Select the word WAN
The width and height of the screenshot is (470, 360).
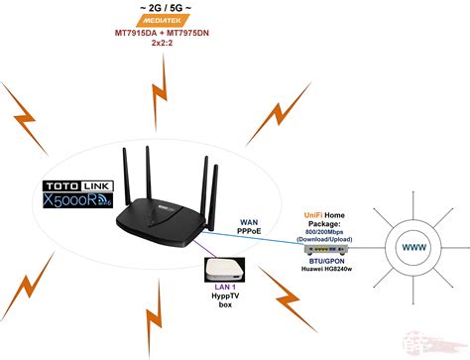(x=250, y=224)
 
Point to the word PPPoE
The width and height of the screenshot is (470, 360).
(x=250, y=235)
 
